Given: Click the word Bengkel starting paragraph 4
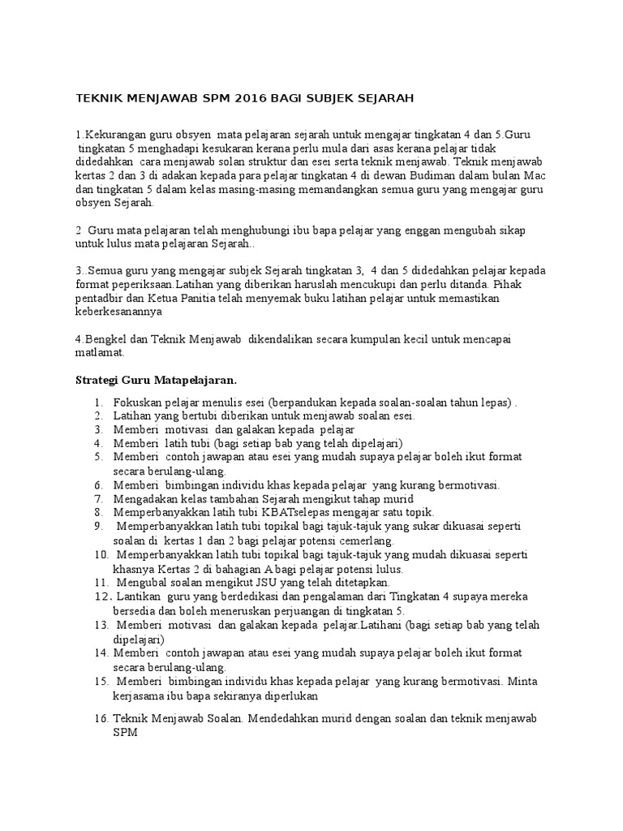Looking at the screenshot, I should [105, 338].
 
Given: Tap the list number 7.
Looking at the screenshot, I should [97, 498].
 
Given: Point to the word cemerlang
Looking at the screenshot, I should [367, 540].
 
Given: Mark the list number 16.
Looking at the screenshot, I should [101, 719].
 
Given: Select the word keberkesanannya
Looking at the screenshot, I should [118, 312].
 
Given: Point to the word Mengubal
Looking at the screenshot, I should [144, 582].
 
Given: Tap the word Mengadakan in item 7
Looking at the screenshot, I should [145, 498].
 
